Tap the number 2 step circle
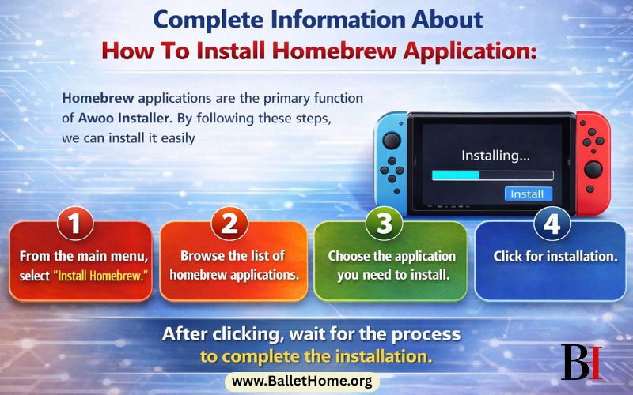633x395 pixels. tap(229, 223)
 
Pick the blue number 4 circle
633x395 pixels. tap(552, 223)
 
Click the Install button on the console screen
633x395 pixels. tap(527, 194)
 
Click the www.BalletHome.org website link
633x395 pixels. tap(302, 382)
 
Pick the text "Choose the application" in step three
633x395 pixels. tap(392, 257)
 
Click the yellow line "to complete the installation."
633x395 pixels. tap(316, 355)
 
